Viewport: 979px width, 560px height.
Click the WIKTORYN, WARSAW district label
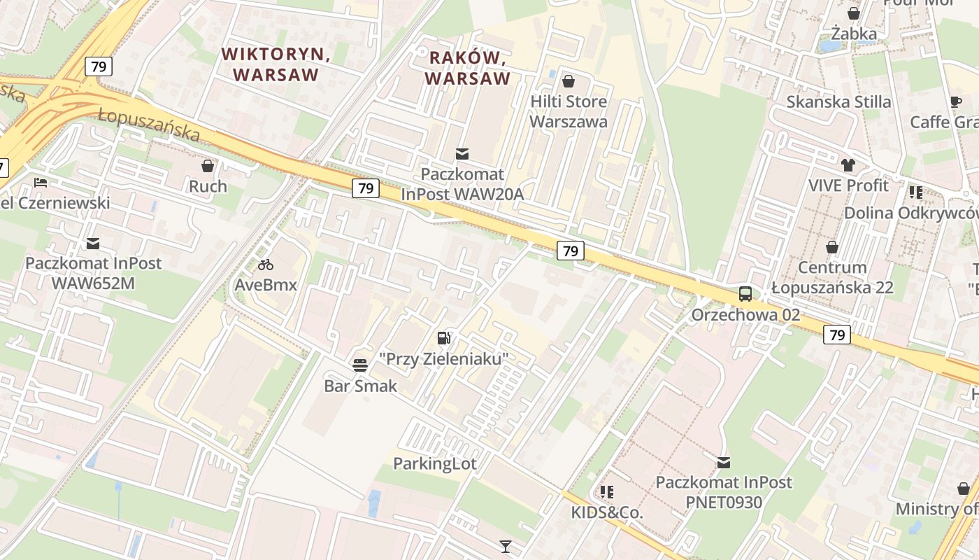point(276,64)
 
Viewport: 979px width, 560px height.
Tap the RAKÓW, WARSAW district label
point(467,67)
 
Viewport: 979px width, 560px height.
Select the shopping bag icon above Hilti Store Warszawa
point(568,81)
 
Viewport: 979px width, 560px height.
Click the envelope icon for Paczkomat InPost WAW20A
point(462,154)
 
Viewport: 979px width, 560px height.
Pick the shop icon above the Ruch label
point(208,166)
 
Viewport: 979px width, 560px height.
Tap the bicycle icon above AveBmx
point(266,265)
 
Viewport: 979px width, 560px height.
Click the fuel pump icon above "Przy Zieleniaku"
point(443,338)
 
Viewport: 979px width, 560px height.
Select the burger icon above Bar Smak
point(360,365)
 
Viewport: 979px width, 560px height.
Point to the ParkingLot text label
point(434,463)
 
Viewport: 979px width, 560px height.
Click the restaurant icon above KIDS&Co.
point(606,492)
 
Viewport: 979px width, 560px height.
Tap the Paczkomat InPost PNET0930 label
point(723,492)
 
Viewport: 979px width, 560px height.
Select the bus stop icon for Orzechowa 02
point(745,294)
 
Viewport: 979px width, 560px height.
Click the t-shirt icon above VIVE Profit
point(848,165)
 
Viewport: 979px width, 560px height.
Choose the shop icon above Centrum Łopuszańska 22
point(832,247)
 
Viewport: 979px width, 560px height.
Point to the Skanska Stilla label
point(838,101)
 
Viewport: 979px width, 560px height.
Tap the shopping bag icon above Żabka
point(854,13)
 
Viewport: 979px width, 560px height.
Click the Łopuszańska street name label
point(148,125)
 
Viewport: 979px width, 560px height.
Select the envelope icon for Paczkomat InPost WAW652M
point(93,244)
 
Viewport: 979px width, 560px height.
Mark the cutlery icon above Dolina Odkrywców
point(915,192)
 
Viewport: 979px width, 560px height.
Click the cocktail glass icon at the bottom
point(506,546)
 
